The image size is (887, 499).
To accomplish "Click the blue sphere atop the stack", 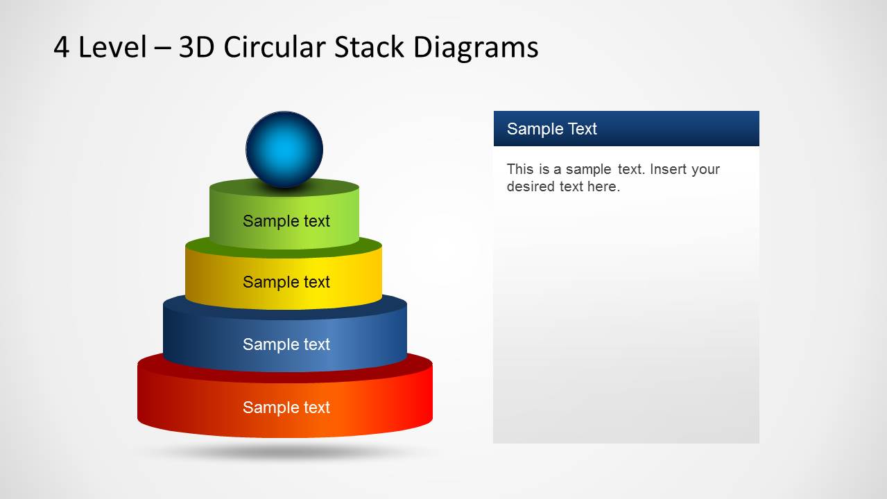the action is [x=284, y=149].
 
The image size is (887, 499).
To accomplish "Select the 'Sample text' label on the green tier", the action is [x=286, y=221].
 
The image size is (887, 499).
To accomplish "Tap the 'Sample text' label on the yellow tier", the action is [x=286, y=282].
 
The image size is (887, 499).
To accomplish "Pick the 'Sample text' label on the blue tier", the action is [x=286, y=344].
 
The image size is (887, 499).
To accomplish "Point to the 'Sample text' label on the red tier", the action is [x=286, y=408].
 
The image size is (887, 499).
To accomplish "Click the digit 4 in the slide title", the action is [x=62, y=47].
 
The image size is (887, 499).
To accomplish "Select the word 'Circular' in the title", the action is [x=275, y=46].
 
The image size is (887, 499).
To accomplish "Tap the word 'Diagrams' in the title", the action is [x=476, y=49].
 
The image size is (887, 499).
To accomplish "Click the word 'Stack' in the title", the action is [x=369, y=46].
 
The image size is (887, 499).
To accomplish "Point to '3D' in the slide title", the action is [x=197, y=47].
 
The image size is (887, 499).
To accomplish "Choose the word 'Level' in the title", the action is [x=112, y=46].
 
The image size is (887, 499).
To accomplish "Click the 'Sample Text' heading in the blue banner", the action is [x=551, y=129].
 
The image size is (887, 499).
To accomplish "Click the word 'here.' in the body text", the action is [x=604, y=186].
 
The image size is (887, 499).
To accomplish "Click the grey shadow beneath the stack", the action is [x=285, y=451].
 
